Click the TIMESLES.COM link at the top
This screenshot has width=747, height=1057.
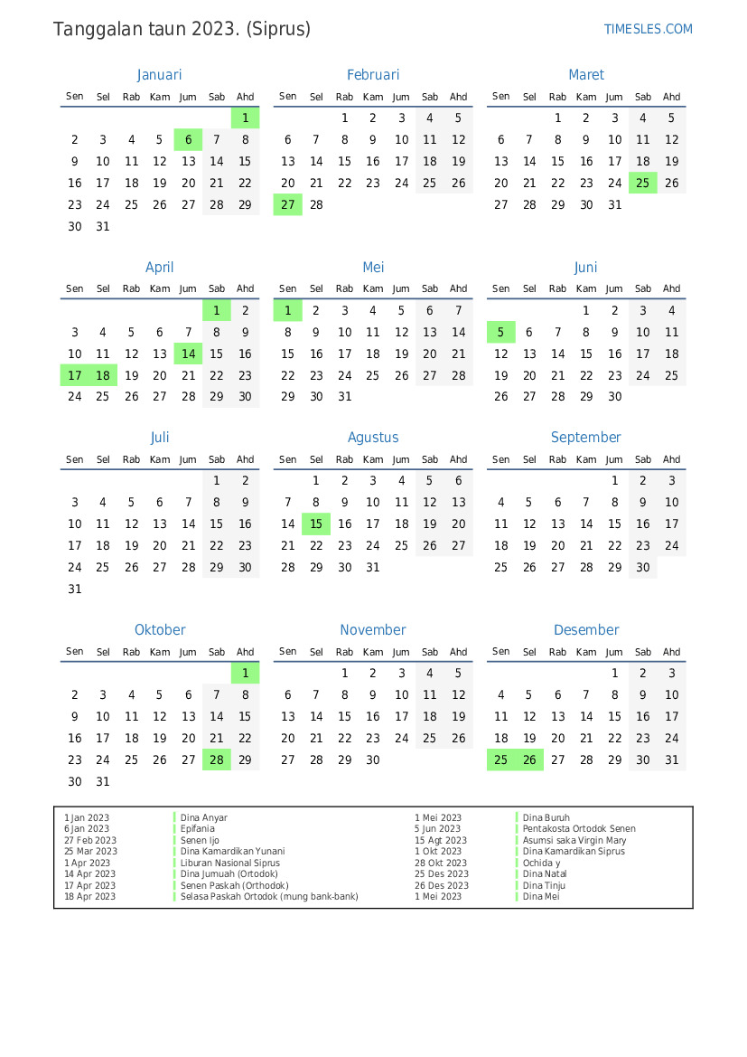[x=648, y=29]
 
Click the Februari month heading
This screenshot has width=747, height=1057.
[x=373, y=75]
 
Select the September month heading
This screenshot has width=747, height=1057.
[x=586, y=438]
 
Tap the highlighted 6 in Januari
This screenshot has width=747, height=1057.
[x=188, y=139]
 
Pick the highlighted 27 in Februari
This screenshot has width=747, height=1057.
[x=288, y=204]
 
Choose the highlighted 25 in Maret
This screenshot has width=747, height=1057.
[x=643, y=183]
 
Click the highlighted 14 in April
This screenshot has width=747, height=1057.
[x=188, y=354]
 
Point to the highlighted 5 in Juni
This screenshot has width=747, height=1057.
[x=501, y=332]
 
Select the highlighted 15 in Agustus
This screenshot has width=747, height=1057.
[x=316, y=524]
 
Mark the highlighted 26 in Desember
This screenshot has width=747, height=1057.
[x=529, y=760]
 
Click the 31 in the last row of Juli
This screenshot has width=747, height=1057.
[x=75, y=590]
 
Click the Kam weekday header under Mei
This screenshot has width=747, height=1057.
[x=373, y=289]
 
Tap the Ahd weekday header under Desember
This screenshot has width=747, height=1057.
[x=671, y=652]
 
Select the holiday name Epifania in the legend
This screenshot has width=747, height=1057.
[x=198, y=829]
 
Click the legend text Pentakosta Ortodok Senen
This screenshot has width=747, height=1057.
[x=579, y=829]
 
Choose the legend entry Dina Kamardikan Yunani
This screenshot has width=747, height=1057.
[x=232, y=852]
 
